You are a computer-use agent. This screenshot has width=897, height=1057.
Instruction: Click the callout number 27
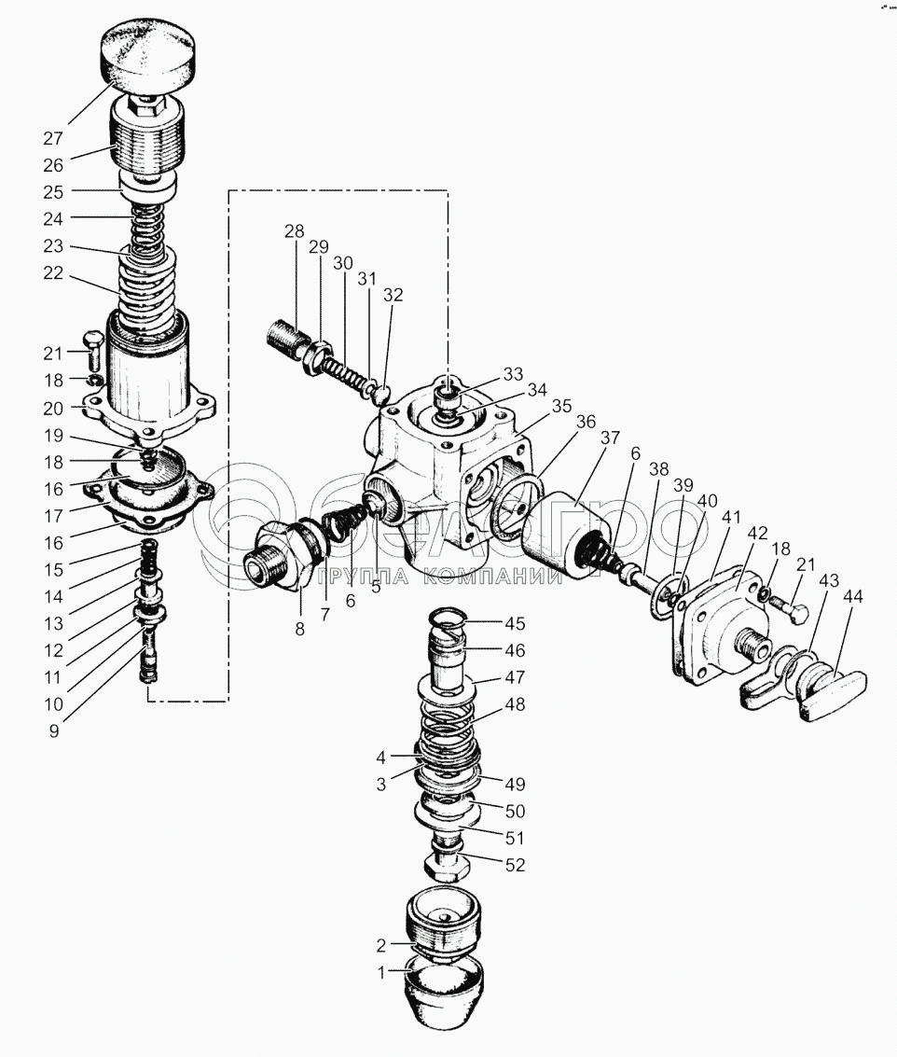(x=52, y=139)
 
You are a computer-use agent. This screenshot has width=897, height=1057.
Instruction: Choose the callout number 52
(x=515, y=865)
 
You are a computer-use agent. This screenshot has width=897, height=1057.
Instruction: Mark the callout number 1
(x=380, y=972)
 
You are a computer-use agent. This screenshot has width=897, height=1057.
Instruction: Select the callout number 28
(x=295, y=230)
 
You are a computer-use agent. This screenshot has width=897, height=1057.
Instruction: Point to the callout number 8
(x=300, y=629)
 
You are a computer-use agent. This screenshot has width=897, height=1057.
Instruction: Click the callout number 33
(x=512, y=375)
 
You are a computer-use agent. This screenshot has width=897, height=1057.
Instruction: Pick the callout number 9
(x=54, y=731)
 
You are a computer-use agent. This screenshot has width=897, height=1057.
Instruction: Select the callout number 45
(x=515, y=623)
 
